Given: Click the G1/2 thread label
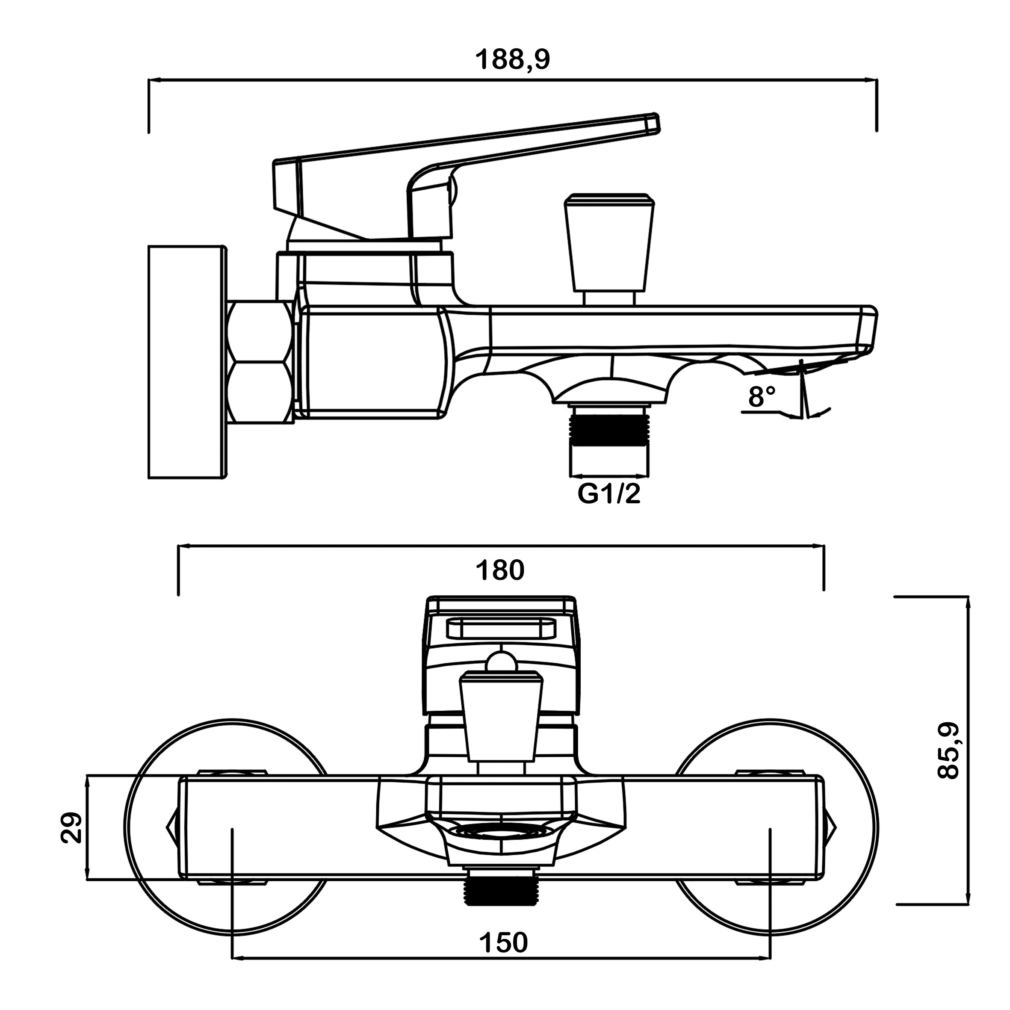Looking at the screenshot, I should pyautogui.click(x=608, y=494).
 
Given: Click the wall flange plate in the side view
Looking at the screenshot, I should pyautogui.click(x=187, y=362).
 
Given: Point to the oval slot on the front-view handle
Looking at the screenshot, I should pyautogui.click(x=501, y=629).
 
